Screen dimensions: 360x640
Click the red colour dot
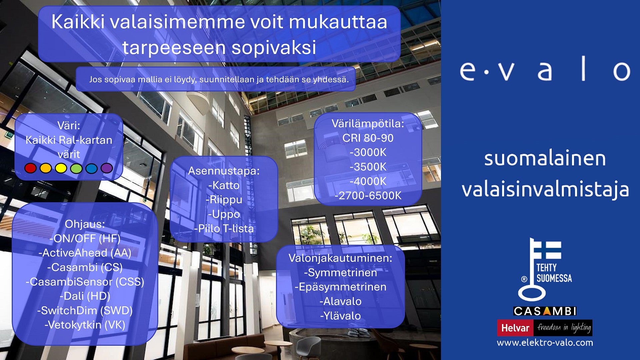coord(30,168)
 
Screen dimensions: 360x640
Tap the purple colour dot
coord(107,168)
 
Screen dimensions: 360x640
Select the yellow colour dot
coord(61,168)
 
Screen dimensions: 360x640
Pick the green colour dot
coord(76,168)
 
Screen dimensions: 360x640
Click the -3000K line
coord(368,152)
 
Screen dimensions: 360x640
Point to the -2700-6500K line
coord(368,196)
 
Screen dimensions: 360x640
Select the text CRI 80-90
coord(368,138)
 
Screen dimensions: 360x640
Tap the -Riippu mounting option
coord(224,200)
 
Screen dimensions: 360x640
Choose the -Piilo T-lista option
coord(224,229)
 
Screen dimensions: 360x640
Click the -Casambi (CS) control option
coord(85,267)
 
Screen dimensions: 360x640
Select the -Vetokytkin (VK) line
coord(85,325)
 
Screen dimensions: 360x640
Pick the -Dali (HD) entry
coord(85,296)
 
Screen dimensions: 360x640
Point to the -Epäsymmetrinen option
coord(340,287)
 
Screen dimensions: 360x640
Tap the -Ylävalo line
coord(340,316)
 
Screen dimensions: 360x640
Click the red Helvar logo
coord(515,328)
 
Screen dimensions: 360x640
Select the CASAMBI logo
coord(545,311)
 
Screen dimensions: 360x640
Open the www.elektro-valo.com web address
coord(545,343)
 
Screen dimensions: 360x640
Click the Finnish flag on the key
coord(548,250)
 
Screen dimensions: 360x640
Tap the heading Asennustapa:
coord(224,171)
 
